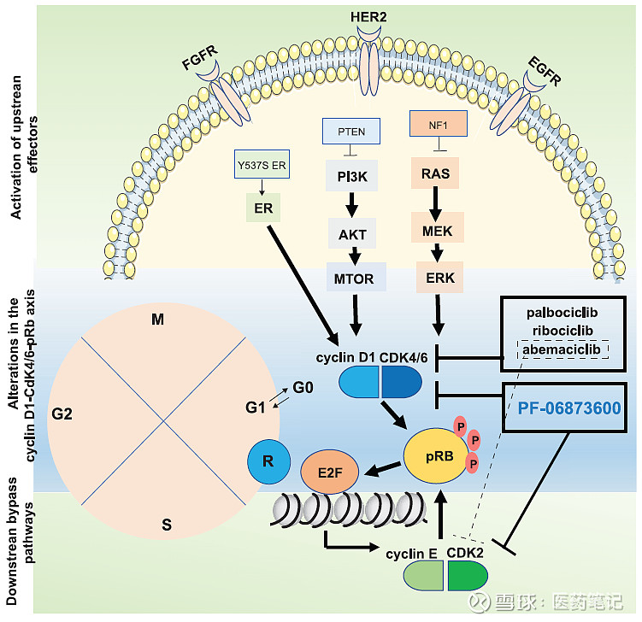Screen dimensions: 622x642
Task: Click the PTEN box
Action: [x=350, y=132]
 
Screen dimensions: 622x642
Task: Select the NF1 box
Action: [x=439, y=123]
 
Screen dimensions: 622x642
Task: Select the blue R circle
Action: [x=268, y=462]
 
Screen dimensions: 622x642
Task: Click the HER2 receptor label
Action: [x=369, y=16]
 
